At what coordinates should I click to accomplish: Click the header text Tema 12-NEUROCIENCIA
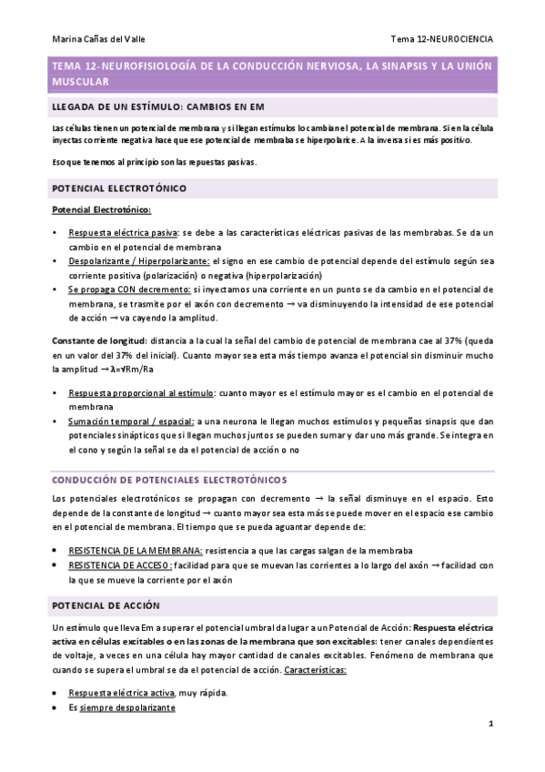[442, 39]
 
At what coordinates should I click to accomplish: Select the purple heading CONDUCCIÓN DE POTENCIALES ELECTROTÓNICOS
[169, 478]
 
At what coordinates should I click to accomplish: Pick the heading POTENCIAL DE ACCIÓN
[106, 605]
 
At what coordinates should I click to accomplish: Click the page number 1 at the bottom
[490, 725]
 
